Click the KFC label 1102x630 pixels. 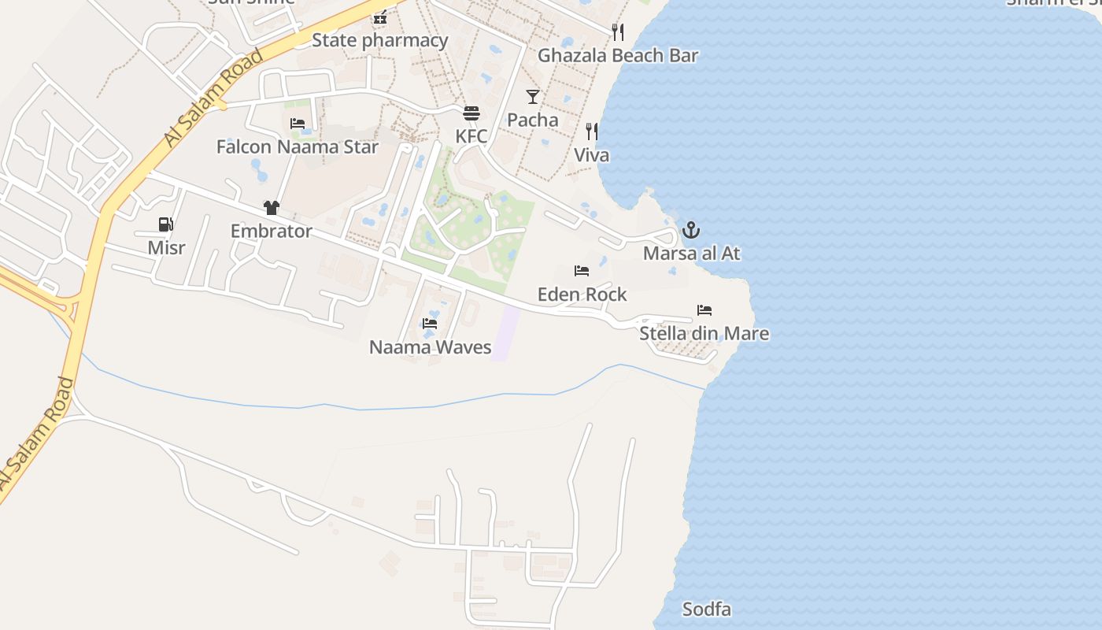(x=471, y=136)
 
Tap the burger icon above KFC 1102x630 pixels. (x=471, y=113)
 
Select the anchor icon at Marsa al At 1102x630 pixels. (x=690, y=230)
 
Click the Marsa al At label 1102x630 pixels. (x=691, y=254)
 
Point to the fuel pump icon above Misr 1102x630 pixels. (x=166, y=225)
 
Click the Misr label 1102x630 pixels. (x=167, y=248)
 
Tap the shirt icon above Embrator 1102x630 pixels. (x=272, y=208)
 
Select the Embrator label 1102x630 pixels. (x=272, y=232)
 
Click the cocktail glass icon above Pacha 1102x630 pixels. (x=533, y=97)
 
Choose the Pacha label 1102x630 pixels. (x=533, y=120)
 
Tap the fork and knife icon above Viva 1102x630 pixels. (x=591, y=132)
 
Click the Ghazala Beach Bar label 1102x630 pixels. (x=618, y=56)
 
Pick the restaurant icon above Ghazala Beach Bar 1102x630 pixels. (x=618, y=32)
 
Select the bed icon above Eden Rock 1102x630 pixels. (x=582, y=271)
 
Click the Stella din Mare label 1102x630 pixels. (x=704, y=334)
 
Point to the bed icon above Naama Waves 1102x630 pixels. (x=430, y=324)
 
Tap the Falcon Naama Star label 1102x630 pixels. (x=298, y=147)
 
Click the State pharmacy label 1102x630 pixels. (x=380, y=40)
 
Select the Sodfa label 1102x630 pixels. (x=707, y=610)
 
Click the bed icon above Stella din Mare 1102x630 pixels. (x=704, y=310)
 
